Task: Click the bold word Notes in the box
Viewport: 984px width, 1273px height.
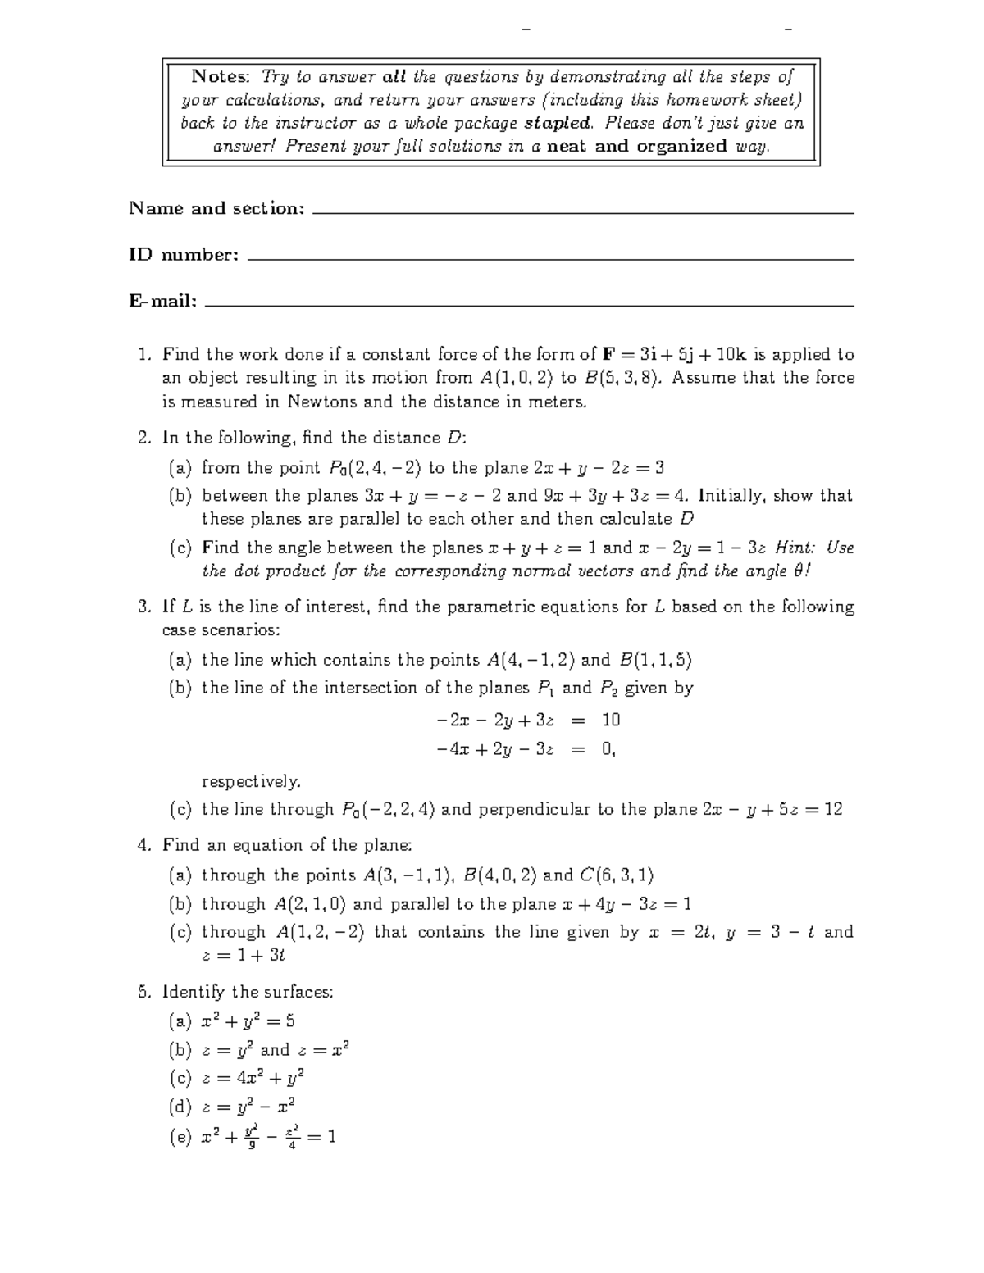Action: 219,77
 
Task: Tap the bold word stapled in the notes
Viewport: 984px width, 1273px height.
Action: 557,123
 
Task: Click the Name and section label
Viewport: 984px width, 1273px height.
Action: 216,208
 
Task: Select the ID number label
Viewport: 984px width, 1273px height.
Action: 184,255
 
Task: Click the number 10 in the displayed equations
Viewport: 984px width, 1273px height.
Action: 611,721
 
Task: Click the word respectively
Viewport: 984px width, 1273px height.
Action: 251,781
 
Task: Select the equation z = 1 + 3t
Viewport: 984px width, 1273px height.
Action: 243,955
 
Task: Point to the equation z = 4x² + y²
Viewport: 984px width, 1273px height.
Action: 253,1078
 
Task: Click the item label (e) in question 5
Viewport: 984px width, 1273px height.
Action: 180,1138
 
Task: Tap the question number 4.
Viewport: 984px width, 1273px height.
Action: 143,845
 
